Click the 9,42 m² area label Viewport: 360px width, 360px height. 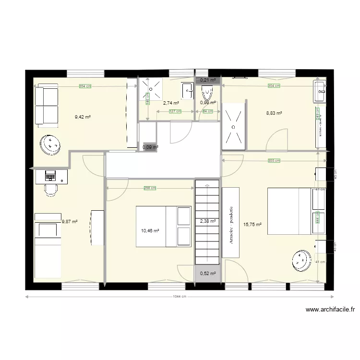tap(83, 116)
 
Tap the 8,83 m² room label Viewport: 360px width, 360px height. tap(274, 113)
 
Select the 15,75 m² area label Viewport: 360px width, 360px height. tap(252, 224)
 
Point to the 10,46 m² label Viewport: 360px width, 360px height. tap(150, 231)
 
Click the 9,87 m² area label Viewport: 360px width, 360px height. tap(70, 222)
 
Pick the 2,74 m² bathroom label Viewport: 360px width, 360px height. tap(171, 103)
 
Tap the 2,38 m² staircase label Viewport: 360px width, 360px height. tap(207, 221)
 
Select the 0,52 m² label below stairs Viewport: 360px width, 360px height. tap(207, 274)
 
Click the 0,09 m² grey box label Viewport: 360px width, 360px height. tap(150, 147)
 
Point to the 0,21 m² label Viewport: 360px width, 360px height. tap(207, 80)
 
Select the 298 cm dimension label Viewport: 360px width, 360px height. tap(150, 188)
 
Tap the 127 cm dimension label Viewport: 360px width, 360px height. tap(175, 111)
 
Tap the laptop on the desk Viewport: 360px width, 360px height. tap(50, 176)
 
